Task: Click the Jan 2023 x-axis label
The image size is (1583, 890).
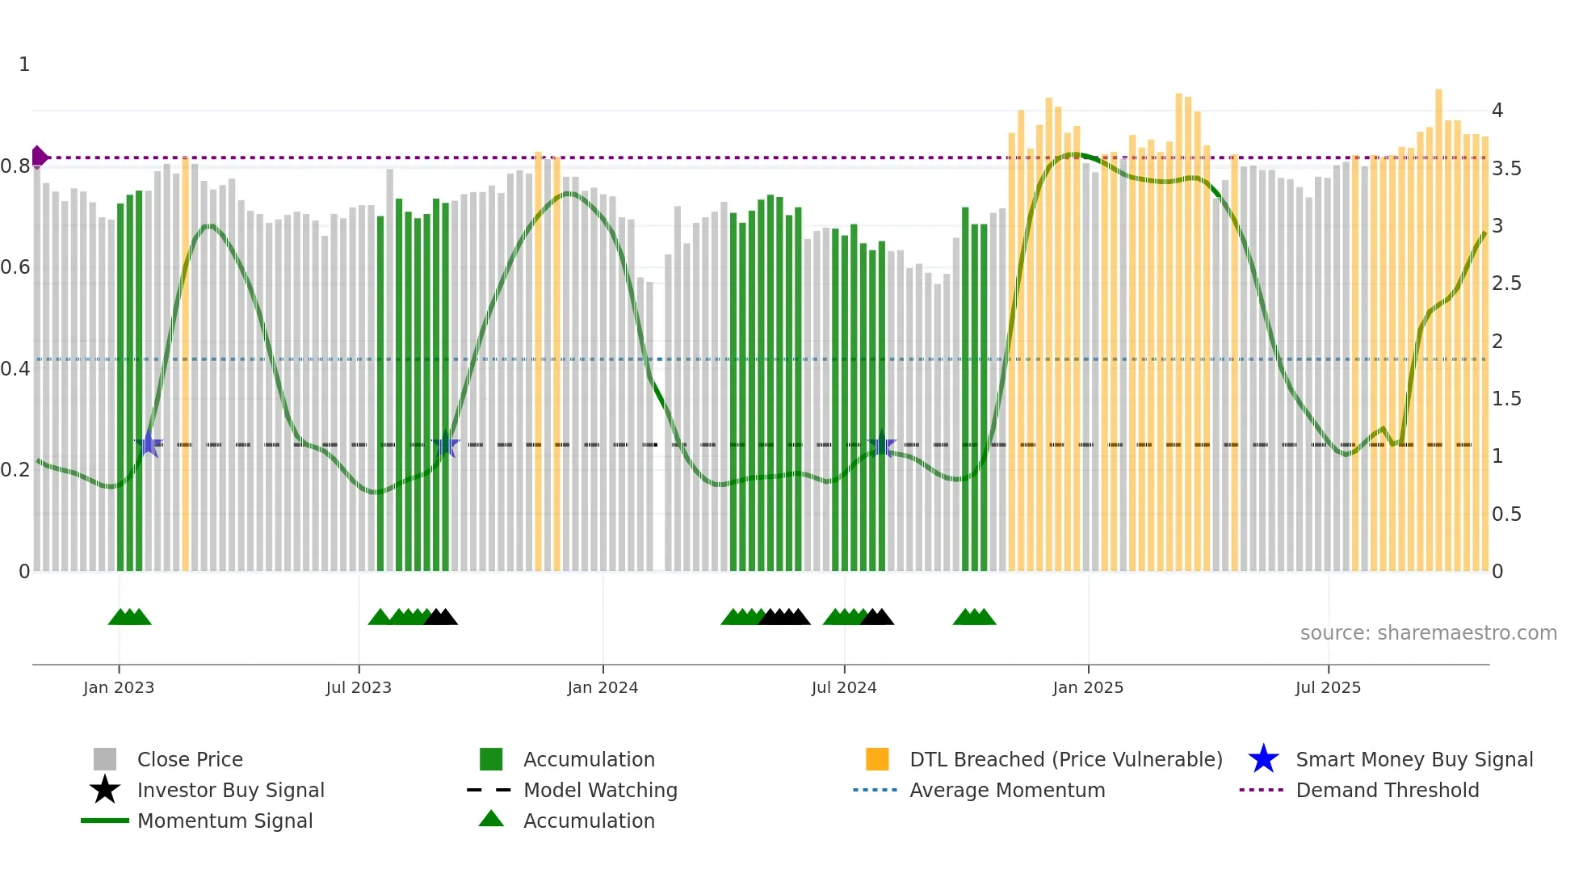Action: pos(118,687)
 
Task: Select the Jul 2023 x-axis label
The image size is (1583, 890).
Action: pos(359,687)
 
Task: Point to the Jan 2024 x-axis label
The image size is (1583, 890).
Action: pos(603,687)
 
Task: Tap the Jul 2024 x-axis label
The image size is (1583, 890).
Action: pos(844,687)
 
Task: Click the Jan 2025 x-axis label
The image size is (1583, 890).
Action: pos(1088,687)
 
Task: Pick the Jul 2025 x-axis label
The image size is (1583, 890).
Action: pos(1328,687)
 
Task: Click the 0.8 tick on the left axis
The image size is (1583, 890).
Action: pos(15,166)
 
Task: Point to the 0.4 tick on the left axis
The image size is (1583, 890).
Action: pos(15,369)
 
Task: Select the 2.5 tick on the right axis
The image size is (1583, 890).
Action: pos(1506,283)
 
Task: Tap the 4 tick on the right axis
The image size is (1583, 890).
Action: pos(1497,111)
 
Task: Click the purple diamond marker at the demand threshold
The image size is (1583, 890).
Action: pos(39,157)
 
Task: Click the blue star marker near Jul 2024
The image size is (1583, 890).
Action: pos(881,445)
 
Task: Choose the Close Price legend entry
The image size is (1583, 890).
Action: pos(190,759)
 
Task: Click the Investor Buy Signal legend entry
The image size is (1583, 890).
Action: pos(230,790)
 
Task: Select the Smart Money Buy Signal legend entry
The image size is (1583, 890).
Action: pos(1414,759)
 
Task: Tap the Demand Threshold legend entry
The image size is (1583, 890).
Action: pos(1387,790)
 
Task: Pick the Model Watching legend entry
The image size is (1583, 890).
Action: pos(600,790)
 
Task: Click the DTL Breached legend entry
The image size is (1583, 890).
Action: pos(1065,759)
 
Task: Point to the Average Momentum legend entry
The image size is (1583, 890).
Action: pos(1007,790)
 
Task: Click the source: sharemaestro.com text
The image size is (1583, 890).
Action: pos(1428,633)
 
